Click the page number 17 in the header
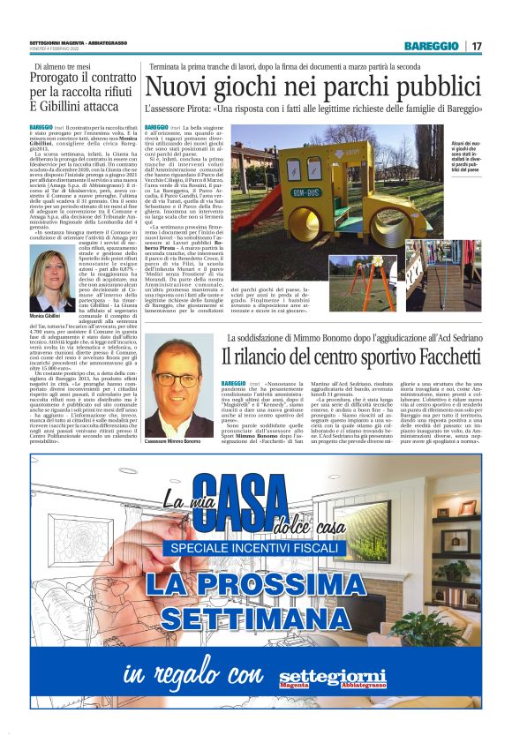[477, 46]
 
